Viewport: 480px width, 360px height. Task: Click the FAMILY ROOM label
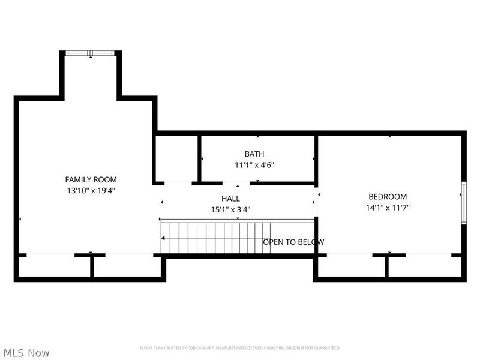click(91, 179)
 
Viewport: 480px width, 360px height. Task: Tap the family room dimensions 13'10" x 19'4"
click(91, 190)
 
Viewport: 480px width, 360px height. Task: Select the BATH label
click(254, 154)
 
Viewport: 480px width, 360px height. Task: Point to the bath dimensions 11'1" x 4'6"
click(254, 165)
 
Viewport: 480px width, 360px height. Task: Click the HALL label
click(230, 199)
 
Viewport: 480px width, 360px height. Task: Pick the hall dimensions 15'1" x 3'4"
click(230, 209)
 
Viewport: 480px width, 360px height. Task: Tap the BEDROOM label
click(388, 197)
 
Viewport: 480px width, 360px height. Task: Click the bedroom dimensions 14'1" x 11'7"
click(388, 208)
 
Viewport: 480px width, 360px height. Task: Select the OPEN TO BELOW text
click(293, 242)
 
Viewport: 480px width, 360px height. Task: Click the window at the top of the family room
click(90, 53)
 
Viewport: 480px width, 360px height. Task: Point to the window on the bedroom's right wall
click(463, 203)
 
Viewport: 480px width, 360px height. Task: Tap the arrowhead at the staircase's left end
click(164, 239)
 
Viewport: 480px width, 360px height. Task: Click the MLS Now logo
click(26, 353)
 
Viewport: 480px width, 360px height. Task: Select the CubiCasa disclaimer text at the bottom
click(240, 348)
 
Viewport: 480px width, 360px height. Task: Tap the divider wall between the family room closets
click(91, 266)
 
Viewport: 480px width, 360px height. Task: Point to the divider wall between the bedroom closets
click(387, 266)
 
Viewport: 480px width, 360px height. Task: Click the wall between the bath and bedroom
click(316, 159)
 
